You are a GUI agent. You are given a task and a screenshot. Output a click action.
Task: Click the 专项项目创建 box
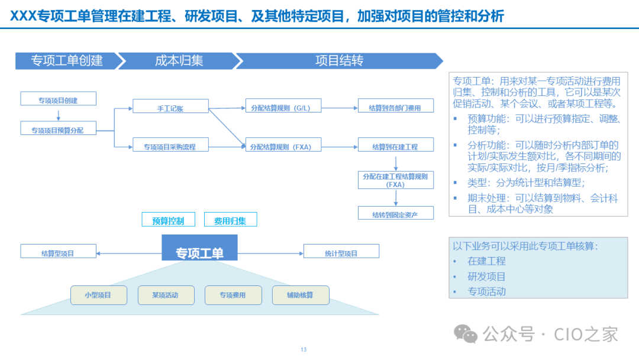click(x=58, y=99)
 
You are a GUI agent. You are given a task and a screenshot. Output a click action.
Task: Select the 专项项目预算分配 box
click(x=58, y=128)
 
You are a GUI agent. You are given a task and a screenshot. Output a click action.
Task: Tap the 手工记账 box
click(x=170, y=106)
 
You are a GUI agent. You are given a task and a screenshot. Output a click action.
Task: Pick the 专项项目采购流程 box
click(x=170, y=144)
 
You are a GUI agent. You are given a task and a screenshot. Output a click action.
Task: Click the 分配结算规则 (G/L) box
click(x=283, y=105)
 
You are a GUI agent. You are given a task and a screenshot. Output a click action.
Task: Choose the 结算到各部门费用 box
click(x=396, y=105)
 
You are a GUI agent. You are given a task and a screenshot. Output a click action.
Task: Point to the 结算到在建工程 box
click(x=396, y=144)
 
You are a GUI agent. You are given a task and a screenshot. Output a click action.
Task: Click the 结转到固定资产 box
click(x=396, y=213)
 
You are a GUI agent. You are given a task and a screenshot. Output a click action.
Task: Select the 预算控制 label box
click(x=168, y=219)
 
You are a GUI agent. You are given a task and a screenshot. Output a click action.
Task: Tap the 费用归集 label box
click(x=230, y=219)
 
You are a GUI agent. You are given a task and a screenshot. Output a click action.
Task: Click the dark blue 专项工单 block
click(x=200, y=248)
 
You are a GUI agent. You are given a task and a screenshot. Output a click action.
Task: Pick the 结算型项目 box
click(x=58, y=251)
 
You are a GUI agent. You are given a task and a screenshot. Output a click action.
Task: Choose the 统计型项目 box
click(x=341, y=251)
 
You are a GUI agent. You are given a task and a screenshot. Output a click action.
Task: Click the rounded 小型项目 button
click(x=99, y=295)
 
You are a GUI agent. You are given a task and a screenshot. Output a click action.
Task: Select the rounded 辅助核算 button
click(x=301, y=295)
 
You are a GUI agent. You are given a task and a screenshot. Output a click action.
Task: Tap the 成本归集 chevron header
click(x=179, y=61)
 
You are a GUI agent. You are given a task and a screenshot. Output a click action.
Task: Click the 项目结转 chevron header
click(x=340, y=61)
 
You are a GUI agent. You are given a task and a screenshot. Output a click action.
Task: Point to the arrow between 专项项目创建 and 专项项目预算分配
click(x=58, y=115)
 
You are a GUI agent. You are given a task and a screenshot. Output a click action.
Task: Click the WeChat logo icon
click(x=466, y=334)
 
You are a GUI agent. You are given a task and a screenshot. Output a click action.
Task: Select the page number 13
click(x=304, y=350)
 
